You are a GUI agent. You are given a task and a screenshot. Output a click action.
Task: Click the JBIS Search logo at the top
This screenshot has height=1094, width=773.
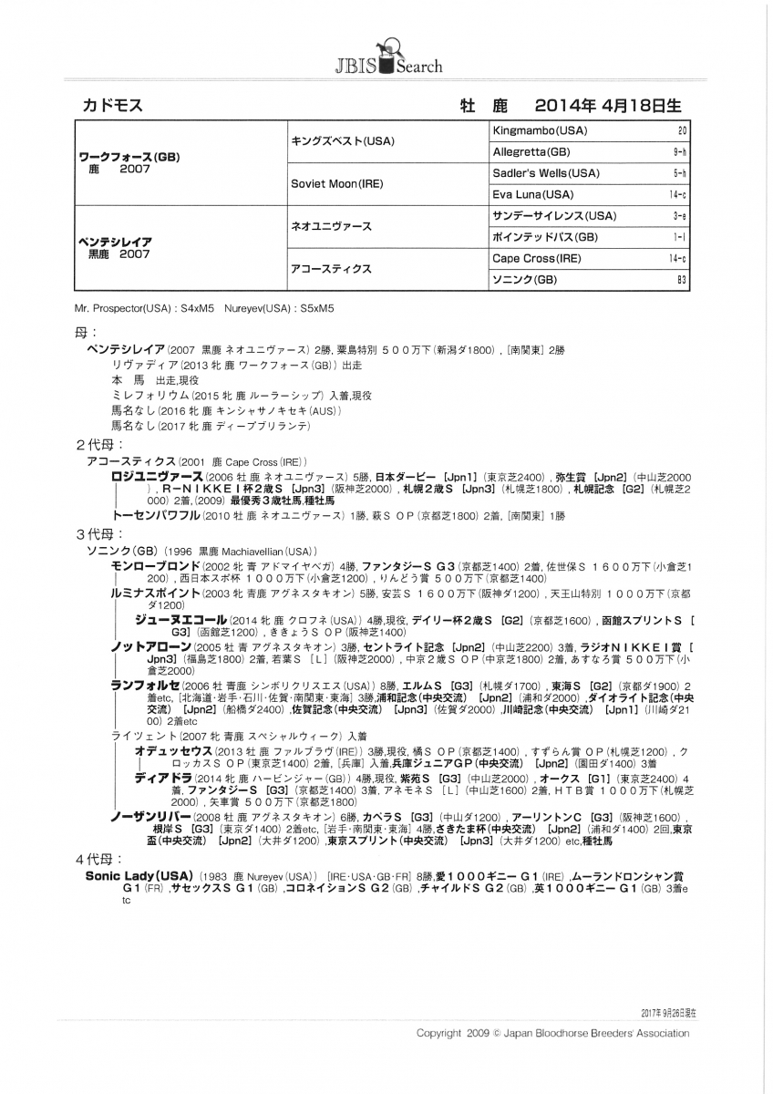point(386,56)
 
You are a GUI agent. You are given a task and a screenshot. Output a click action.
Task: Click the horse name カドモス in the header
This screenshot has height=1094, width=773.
point(113,105)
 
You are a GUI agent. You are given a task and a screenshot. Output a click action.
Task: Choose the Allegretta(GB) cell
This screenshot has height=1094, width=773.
point(531,152)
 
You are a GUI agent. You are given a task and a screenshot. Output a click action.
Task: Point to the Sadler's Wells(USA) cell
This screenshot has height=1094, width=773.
point(546,173)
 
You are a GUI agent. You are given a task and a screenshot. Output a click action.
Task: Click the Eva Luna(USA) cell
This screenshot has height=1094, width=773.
point(533,194)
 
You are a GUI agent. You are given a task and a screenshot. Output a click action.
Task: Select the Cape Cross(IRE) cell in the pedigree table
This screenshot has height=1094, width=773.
point(536,259)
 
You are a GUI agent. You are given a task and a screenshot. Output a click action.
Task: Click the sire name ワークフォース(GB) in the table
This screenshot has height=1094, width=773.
point(128,156)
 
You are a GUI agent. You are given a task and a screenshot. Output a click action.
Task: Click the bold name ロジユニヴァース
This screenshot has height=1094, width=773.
point(156,477)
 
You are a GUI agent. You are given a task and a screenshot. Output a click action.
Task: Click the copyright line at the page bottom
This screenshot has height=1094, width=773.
point(552,1033)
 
